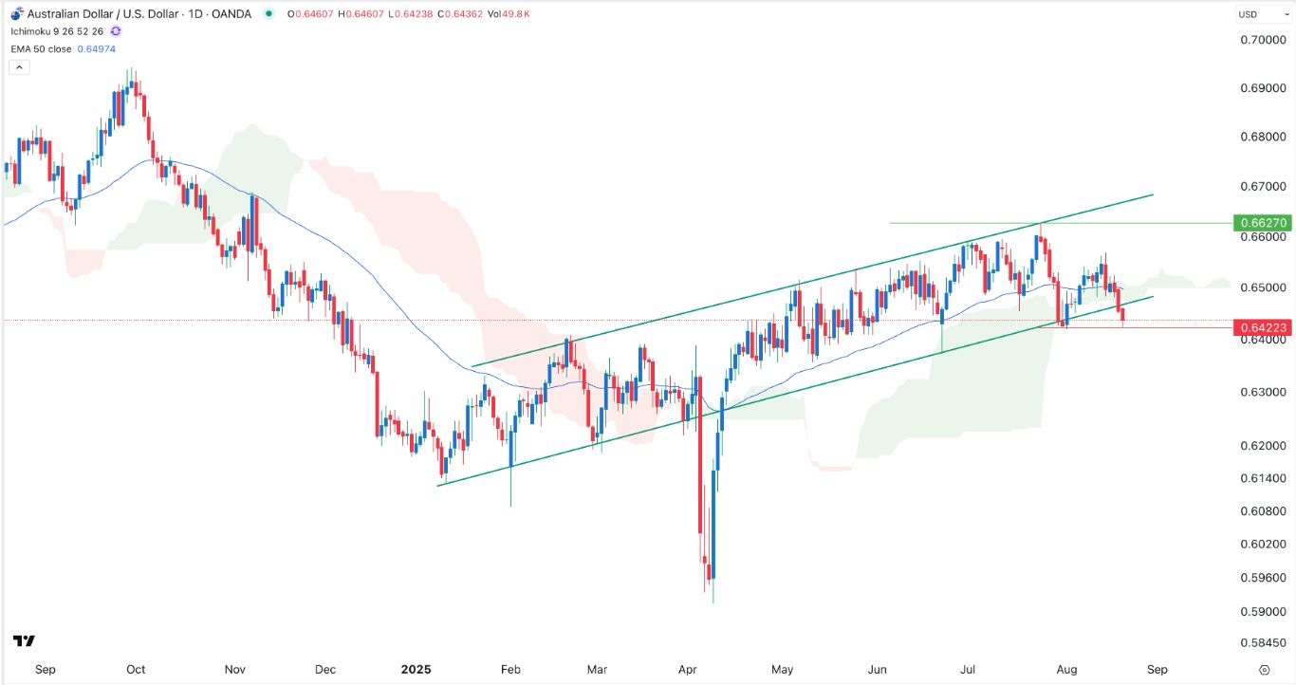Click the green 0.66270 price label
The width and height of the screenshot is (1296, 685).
(x=1262, y=223)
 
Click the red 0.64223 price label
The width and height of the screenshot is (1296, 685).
(x=1262, y=327)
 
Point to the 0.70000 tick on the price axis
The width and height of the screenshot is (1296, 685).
(x=1263, y=40)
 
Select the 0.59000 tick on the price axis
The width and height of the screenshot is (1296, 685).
(x=1263, y=611)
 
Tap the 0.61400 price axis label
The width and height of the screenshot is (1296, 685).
(x=1263, y=478)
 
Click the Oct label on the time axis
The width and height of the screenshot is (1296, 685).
(x=136, y=669)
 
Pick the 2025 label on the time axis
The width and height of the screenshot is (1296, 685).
(x=416, y=669)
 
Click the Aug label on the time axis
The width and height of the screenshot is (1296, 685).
(x=1066, y=669)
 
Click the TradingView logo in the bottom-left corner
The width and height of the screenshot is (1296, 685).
(x=25, y=641)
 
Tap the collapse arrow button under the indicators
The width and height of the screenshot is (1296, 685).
(x=20, y=67)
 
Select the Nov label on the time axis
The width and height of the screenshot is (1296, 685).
(x=235, y=669)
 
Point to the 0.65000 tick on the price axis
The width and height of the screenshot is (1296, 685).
(x=1263, y=287)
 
